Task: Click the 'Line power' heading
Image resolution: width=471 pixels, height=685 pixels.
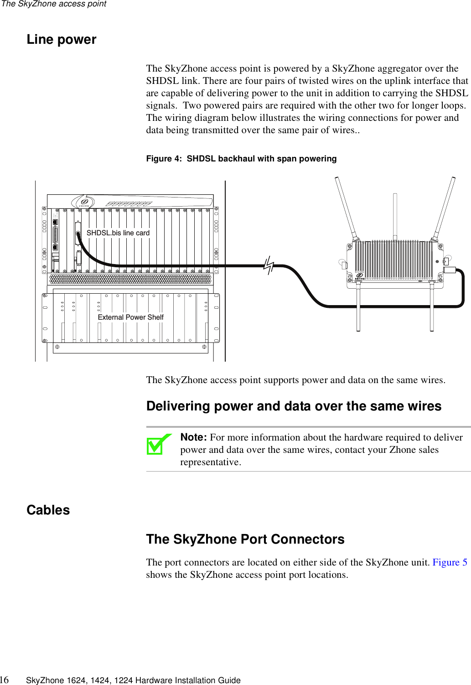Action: click(62, 40)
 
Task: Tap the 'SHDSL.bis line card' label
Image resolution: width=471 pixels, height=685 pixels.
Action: click(118, 233)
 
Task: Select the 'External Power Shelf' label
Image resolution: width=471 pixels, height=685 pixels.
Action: click(130, 317)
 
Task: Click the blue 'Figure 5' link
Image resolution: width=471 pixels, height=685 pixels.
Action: click(450, 562)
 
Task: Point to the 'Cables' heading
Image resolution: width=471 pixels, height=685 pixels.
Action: click(48, 510)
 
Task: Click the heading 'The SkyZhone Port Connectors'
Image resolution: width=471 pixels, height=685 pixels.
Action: click(245, 540)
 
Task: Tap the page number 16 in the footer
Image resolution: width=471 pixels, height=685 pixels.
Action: click(4, 680)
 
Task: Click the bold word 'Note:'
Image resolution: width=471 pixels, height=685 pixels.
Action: click(194, 437)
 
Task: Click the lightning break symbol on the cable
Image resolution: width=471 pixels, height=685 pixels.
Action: click(269, 265)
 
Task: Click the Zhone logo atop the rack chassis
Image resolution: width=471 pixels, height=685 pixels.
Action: click(84, 202)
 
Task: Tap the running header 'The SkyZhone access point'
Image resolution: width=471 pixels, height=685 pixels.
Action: click(54, 4)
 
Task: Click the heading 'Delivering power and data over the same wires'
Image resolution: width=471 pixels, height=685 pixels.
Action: click(294, 406)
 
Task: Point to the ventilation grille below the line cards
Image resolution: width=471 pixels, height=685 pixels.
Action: click(130, 279)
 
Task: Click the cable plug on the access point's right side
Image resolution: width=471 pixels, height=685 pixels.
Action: click(450, 270)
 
